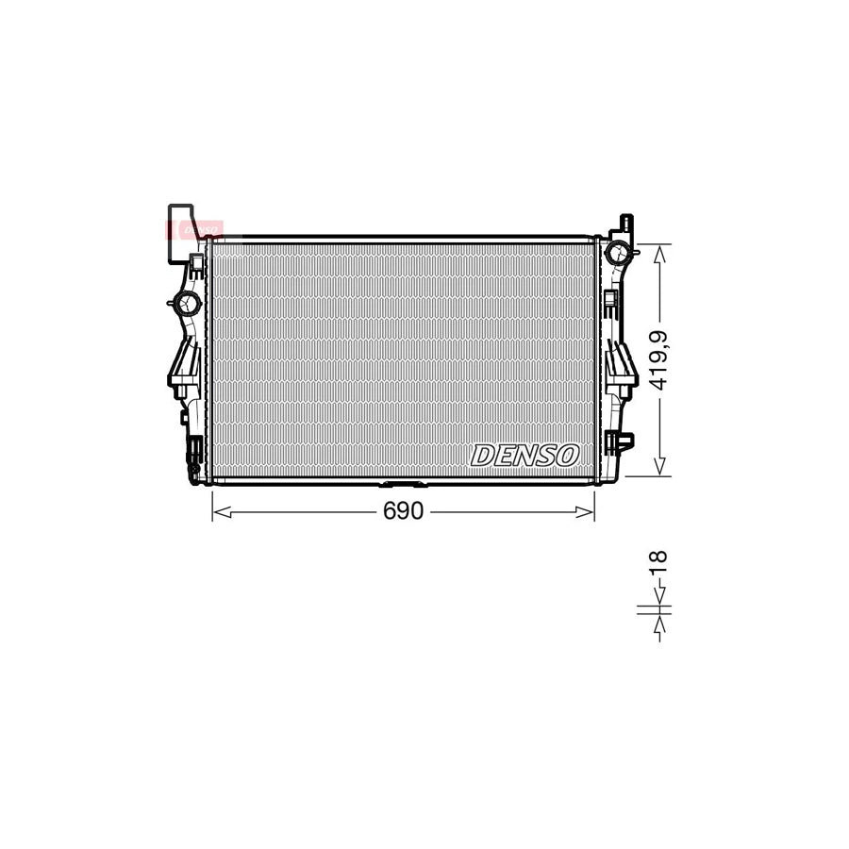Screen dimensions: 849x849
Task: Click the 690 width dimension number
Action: (x=403, y=511)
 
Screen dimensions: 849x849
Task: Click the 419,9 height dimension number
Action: (x=658, y=359)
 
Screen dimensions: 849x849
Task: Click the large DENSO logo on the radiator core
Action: (x=524, y=456)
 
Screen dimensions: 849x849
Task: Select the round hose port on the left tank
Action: (x=186, y=304)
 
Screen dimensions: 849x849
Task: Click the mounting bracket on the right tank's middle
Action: (x=622, y=363)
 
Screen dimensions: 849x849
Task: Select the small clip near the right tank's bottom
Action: (x=623, y=440)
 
